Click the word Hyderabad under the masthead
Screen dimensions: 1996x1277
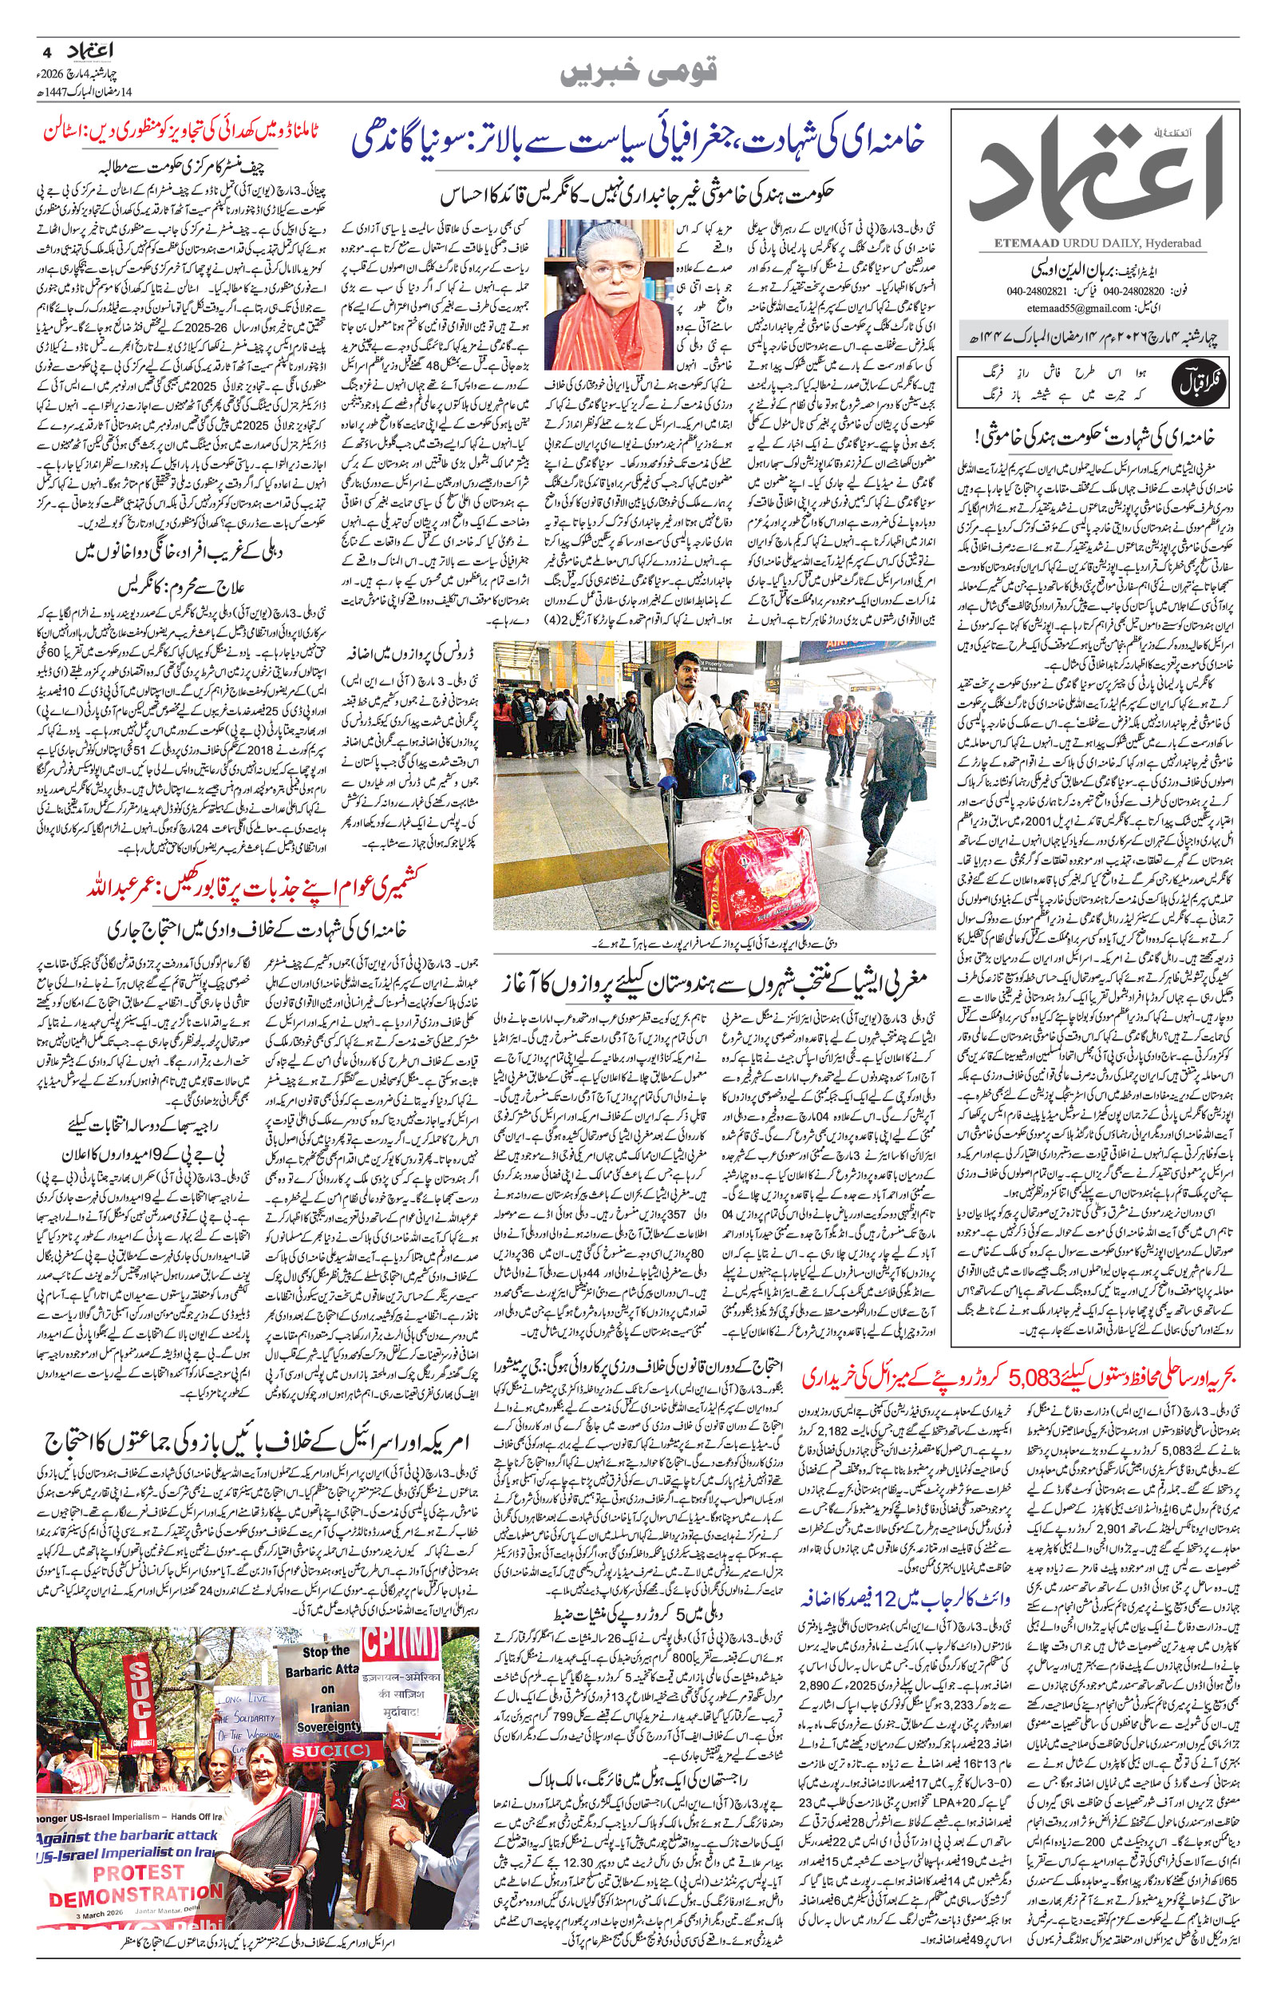click(1176, 243)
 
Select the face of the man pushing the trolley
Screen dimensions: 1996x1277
click(685, 667)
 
